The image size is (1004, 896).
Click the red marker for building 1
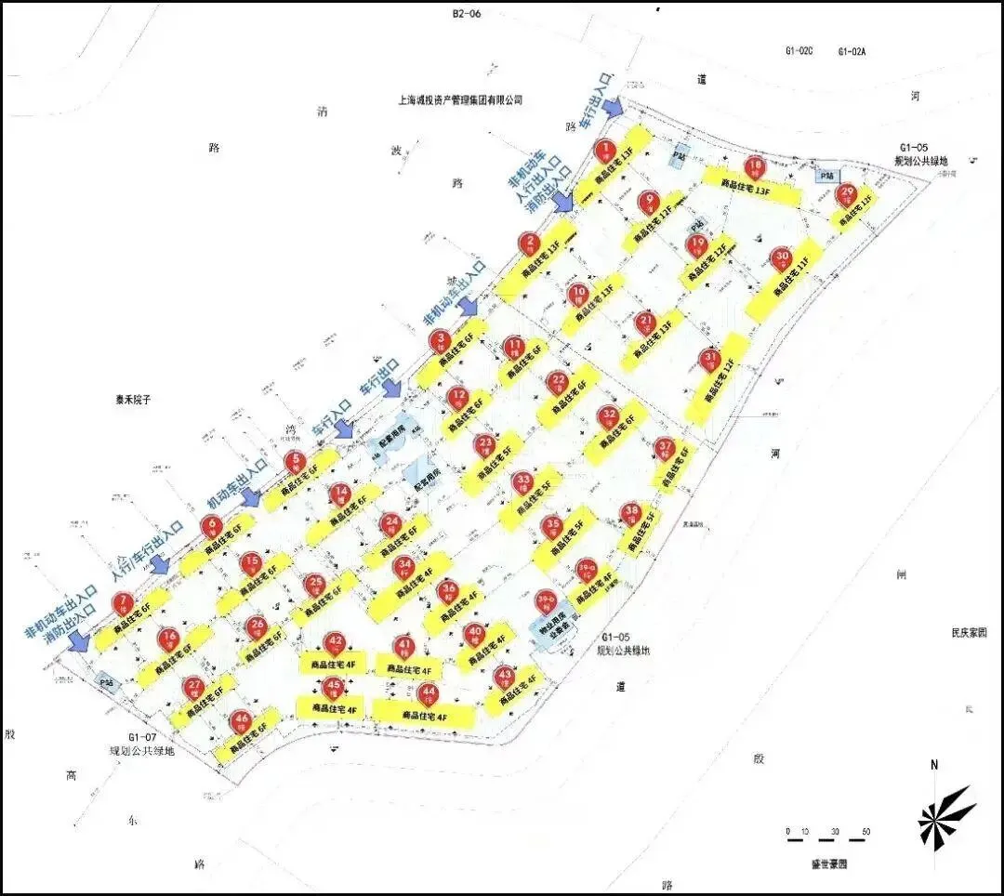pyautogui.click(x=605, y=149)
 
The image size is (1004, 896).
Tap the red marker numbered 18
pyautogui.click(x=755, y=167)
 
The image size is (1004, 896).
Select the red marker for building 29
pyautogui.click(x=845, y=195)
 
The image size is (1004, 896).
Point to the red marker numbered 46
pyautogui.click(x=242, y=719)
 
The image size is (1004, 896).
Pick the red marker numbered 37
pyautogui.click(x=665, y=447)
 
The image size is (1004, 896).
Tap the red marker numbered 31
pyautogui.click(x=710, y=359)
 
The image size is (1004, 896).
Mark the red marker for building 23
pyautogui.click(x=484, y=444)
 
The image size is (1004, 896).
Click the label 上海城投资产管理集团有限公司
pyautogui.click(x=459, y=99)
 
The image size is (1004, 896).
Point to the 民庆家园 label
pyautogui.click(x=968, y=632)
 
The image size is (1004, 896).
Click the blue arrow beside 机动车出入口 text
pyautogui.click(x=250, y=497)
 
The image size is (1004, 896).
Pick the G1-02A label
pyautogui.click(x=852, y=52)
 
